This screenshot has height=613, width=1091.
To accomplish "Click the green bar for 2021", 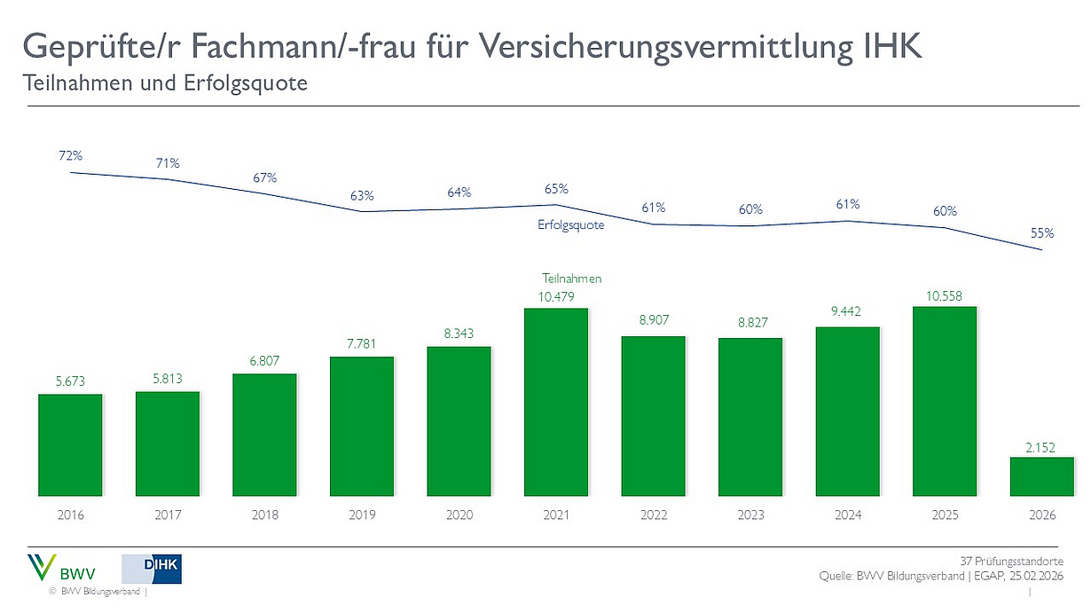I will [x=556, y=402].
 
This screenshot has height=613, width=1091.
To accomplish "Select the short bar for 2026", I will [x=1041, y=476].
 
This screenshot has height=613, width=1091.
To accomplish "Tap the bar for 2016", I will [x=70, y=444].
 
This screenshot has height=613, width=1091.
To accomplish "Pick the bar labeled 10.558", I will [x=945, y=401].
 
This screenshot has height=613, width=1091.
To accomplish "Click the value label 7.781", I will [x=361, y=343].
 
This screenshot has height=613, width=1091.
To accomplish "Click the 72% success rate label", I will [x=71, y=155].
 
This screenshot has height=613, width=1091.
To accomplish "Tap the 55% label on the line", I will [x=1042, y=233].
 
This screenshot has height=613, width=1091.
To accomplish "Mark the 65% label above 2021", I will [x=556, y=189].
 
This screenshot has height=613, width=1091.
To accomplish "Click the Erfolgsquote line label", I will [x=570, y=225].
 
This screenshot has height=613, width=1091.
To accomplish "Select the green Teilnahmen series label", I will [x=571, y=279].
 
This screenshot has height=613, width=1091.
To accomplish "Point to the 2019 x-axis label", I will [x=362, y=515].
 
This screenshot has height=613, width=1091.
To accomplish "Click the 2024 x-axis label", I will [x=847, y=515].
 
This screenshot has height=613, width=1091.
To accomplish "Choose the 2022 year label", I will [x=653, y=515].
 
